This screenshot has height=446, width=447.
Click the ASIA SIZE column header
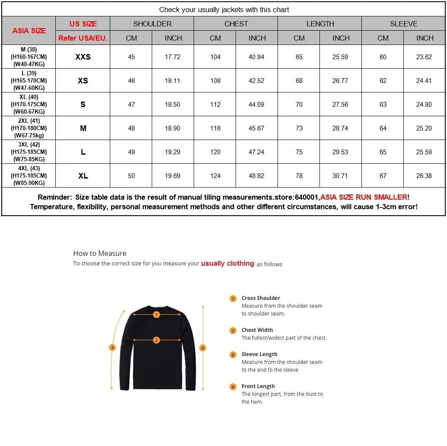29,31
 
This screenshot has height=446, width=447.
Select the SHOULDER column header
152,24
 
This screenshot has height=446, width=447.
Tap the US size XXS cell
83,57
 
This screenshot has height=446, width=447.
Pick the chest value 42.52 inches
256,81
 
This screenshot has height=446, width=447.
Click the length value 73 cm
299,128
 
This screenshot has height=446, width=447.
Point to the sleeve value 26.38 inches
424,176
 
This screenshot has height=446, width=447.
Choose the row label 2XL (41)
29,121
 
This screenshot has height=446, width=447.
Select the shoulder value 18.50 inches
172,105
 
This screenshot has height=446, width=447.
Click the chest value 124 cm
215,176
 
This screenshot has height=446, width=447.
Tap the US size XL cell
83,176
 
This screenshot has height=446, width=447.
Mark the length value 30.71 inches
340,176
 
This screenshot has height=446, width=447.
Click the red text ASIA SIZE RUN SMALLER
364,197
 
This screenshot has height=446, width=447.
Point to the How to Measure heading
100,253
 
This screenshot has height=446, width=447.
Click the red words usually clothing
227,263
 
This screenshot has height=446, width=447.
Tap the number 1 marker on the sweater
156,315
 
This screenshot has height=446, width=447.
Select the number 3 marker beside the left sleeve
112,347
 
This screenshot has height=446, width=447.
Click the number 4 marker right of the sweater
203,347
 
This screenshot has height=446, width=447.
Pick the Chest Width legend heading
257,330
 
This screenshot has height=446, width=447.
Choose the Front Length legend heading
258,386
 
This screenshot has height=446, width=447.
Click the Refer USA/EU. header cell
83,38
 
